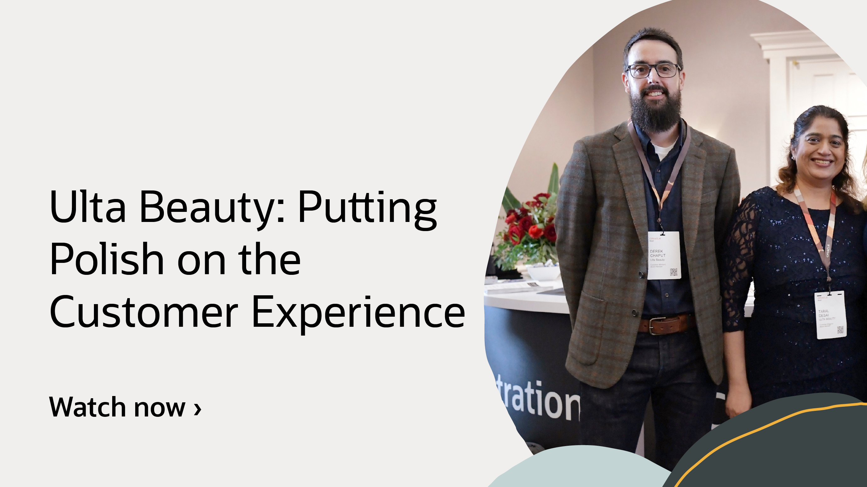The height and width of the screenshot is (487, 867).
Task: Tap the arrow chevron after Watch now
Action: coord(198,409)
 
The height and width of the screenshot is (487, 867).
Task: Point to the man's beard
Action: coord(655,111)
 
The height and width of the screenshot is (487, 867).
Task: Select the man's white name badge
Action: coord(664,255)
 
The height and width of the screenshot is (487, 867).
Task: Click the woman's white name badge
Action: coord(830,315)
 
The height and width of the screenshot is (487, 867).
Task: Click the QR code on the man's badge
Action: coord(673,272)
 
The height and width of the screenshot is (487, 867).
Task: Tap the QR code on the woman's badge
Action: coord(840,330)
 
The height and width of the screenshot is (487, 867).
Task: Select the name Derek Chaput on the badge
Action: coord(657,253)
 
